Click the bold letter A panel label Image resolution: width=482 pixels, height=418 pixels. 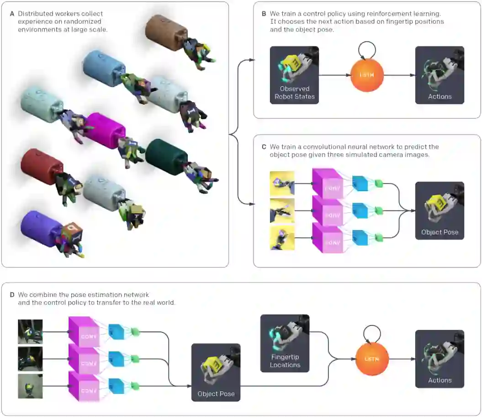click(x=12, y=14)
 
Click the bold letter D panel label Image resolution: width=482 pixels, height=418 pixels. click(x=12, y=295)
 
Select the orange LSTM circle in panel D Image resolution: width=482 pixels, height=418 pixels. click(x=372, y=359)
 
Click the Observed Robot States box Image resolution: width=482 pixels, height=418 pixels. click(x=294, y=75)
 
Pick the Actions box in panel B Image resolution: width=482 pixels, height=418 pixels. click(x=440, y=75)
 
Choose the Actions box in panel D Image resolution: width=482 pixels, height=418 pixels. click(x=440, y=359)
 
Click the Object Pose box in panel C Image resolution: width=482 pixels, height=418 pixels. click(x=440, y=210)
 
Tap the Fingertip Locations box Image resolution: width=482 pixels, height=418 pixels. click(x=285, y=343)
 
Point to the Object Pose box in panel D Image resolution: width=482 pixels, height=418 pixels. click(x=216, y=372)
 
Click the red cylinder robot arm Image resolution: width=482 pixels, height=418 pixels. click(x=42, y=167)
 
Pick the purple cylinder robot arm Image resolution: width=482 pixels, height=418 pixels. click(x=41, y=228)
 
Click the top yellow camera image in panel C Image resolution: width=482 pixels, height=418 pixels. click(x=282, y=183)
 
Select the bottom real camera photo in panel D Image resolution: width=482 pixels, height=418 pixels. click(x=30, y=386)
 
